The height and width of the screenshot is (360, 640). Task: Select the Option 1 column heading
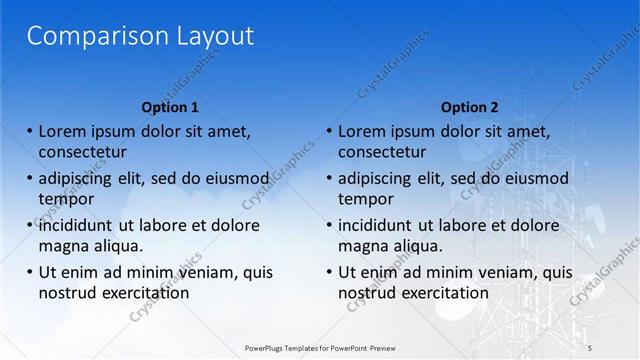click(x=170, y=107)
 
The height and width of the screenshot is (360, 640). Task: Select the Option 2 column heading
click(x=469, y=107)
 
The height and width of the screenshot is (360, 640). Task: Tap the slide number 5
click(x=591, y=346)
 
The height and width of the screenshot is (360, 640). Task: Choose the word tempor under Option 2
click(x=365, y=199)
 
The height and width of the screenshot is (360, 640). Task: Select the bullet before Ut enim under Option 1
click(x=30, y=272)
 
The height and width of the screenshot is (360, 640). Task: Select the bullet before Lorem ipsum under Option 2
click(x=329, y=131)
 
